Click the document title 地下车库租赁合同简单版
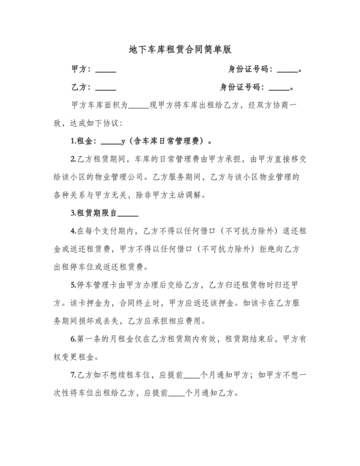pyautogui.click(x=179, y=49)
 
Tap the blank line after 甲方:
pyautogui.click(x=105, y=70)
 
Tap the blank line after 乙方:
pyautogui.click(x=105, y=88)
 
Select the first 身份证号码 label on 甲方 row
pyautogui.click(x=251, y=69)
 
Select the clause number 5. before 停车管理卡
pyautogui.click(x=73, y=284)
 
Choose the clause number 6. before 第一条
pyautogui.click(x=73, y=338)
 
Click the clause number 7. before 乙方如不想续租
pyautogui.click(x=73, y=374)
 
